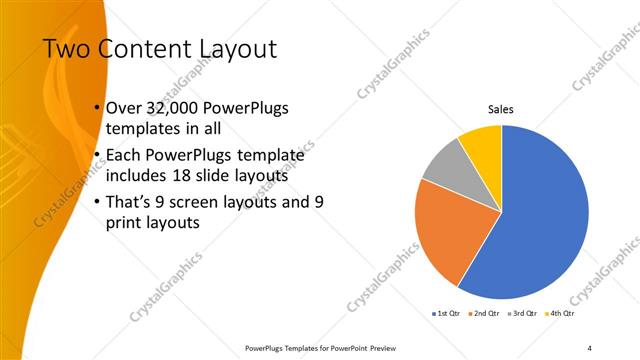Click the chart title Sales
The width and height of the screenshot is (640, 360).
(501, 109)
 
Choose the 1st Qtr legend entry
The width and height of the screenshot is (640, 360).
(446, 313)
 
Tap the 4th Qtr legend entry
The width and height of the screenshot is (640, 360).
(561, 313)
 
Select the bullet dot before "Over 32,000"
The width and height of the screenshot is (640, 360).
(96, 108)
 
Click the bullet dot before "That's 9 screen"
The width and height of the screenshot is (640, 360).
(96, 201)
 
